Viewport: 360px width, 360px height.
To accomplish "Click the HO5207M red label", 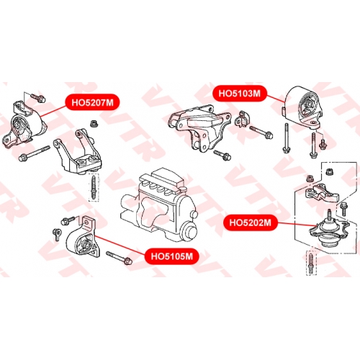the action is (92, 102).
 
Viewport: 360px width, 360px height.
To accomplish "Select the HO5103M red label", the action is (239, 93).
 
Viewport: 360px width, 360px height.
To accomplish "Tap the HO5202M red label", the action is (251, 222).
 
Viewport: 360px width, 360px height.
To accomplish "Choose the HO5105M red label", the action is (172, 256).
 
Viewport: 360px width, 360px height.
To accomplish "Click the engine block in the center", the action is (158, 207).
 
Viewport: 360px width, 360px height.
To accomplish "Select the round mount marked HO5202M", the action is (330, 232).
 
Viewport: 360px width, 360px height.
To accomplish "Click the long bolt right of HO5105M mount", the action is (119, 257).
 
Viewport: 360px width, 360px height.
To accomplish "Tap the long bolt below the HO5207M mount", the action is (34, 153).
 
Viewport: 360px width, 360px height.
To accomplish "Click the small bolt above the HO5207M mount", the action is (38, 97).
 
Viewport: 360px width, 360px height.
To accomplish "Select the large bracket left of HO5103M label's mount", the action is (199, 128).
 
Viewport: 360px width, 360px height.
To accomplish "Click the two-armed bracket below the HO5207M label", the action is (78, 153).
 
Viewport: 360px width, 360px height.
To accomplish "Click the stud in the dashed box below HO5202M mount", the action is (311, 263).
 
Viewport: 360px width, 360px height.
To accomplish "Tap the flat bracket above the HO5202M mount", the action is (322, 192).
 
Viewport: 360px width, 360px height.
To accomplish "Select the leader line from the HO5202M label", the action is (297, 224).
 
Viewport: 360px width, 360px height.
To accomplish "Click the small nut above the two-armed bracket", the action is (93, 124).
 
